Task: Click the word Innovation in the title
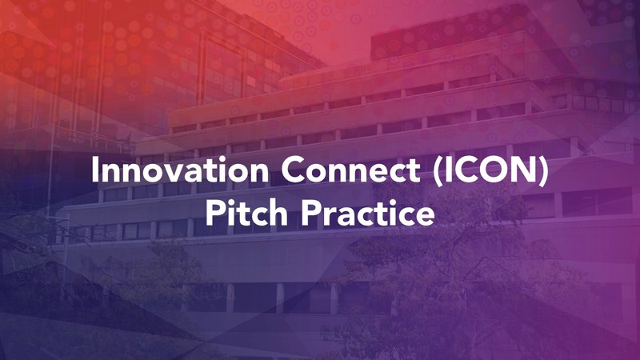pyautogui.click(x=180, y=170)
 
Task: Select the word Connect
pyautogui.click(x=351, y=170)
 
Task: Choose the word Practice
pyautogui.click(x=368, y=213)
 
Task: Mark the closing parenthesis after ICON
pyautogui.click(x=543, y=171)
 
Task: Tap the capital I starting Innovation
pyautogui.click(x=94, y=170)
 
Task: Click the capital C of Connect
pyautogui.click(x=293, y=170)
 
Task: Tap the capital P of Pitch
pyautogui.click(x=214, y=213)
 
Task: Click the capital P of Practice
pyautogui.click(x=310, y=213)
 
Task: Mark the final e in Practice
pyautogui.click(x=426, y=216)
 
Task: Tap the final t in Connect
pyautogui.click(x=414, y=171)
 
